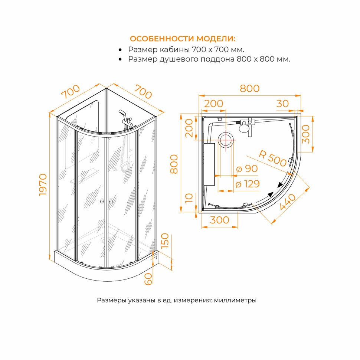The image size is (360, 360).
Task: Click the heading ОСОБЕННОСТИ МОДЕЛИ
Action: point(183,39)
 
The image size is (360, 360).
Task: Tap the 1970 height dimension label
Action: point(43,184)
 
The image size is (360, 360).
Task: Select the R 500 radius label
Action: point(272,158)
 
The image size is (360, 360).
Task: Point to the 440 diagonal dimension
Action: point(288,202)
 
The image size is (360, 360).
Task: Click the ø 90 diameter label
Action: point(247,169)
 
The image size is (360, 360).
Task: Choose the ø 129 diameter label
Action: point(248,184)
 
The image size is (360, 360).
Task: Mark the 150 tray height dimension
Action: point(165,240)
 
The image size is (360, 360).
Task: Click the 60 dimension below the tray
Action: point(148,279)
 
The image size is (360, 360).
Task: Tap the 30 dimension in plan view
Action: point(282,104)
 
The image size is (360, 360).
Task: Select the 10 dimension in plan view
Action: point(189,198)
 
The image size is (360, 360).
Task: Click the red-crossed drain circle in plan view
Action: point(225,140)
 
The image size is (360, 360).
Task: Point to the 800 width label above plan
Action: point(249,89)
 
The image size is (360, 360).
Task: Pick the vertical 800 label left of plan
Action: point(174,164)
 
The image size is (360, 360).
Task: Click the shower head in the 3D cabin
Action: point(122,113)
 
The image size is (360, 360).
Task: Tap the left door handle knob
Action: point(102,202)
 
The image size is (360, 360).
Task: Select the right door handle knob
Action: point(111,202)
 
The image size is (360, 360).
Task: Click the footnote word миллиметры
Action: point(235,300)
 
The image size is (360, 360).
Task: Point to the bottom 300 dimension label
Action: point(219,220)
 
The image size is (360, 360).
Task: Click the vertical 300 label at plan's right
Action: point(306,134)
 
